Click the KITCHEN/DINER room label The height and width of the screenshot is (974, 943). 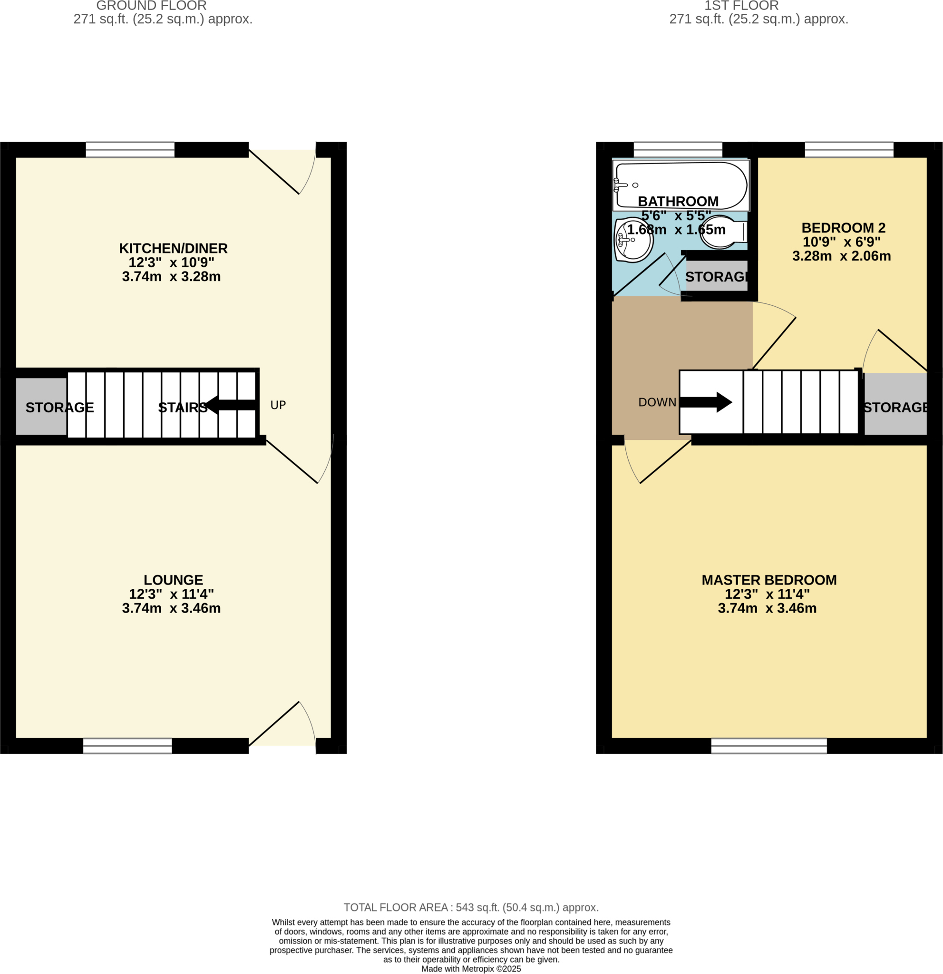click(x=173, y=248)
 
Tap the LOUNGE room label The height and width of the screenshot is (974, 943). click(x=173, y=580)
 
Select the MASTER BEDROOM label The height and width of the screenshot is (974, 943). click(x=768, y=580)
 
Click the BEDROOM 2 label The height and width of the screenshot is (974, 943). click(x=843, y=228)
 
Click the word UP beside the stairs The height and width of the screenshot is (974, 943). click(x=278, y=405)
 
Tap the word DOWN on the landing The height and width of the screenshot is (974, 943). click(x=657, y=402)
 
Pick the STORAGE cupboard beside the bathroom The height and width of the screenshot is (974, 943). click(x=717, y=277)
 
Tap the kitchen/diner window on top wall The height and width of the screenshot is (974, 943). click(x=130, y=150)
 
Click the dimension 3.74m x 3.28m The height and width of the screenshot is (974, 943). click(x=171, y=277)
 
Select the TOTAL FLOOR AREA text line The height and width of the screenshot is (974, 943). click(x=470, y=907)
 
